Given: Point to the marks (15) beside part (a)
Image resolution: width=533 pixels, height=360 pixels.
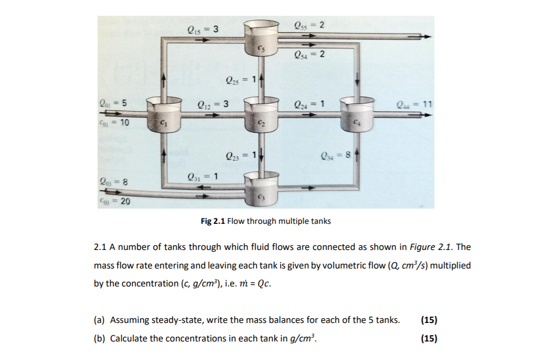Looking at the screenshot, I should point(429,320).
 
